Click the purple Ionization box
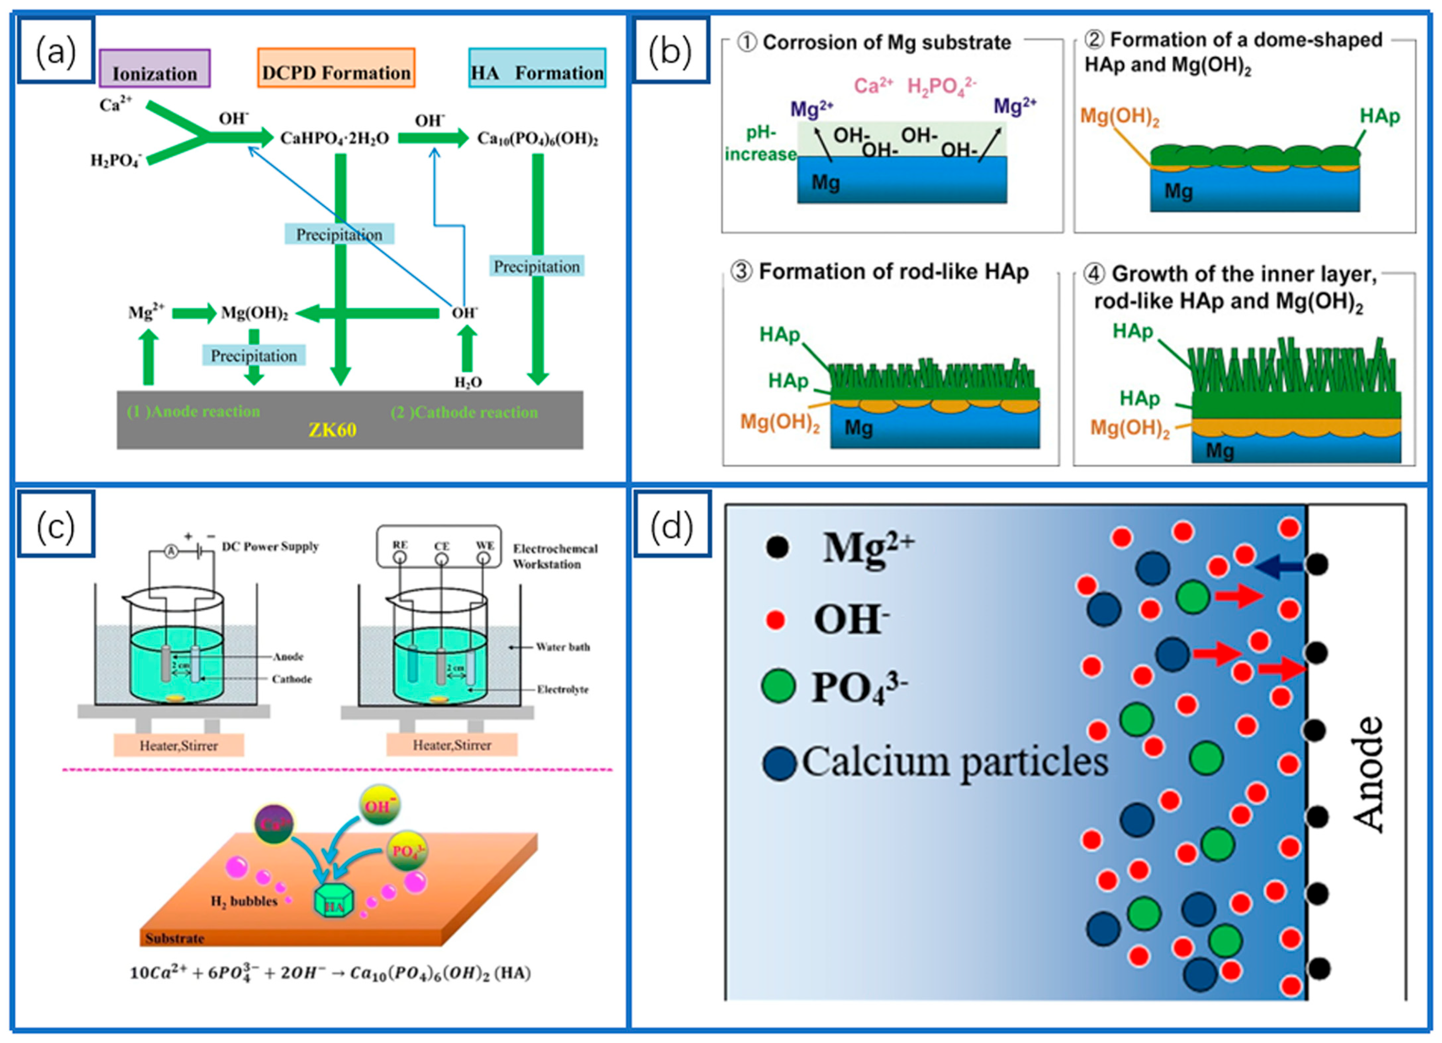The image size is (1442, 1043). [155, 69]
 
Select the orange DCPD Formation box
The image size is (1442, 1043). [336, 68]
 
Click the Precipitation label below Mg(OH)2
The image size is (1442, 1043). [254, 355]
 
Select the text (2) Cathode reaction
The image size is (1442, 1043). [464, 412]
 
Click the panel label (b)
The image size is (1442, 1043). [670, 51]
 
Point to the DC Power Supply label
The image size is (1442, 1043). [270, 546]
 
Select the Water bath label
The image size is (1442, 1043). [563, 647]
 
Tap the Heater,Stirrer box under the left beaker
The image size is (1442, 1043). [179, 746]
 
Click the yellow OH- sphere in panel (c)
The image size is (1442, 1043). [379, 806]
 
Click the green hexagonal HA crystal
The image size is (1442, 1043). [334, 901]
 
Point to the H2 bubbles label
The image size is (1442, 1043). [244, 901]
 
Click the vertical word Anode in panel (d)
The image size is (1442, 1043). [1367, 774]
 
